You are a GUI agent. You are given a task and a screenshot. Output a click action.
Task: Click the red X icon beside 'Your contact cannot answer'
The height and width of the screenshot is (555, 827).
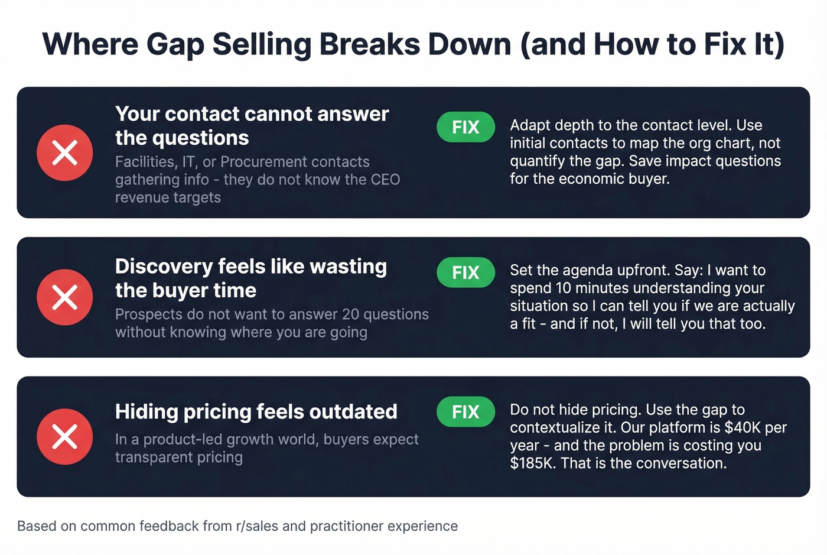tap(65, 152)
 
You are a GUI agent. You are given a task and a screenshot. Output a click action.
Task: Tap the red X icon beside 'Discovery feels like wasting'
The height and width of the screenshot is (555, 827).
tap(65, 297)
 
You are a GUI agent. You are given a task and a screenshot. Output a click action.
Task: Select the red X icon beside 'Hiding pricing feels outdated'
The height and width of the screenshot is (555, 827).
tap(65, 437)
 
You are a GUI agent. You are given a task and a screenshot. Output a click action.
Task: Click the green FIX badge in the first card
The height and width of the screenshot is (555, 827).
tap(465, 127)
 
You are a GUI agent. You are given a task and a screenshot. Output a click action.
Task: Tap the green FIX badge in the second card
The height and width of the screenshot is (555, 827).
tap(465, 272)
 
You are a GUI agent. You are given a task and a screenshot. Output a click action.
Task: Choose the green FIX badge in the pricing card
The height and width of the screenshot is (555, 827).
tap(465, 412)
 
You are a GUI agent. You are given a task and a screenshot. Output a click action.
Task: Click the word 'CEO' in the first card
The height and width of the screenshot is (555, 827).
tap(385, 180)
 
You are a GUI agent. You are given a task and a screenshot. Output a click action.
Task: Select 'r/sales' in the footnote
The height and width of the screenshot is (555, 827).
tap(257, 526)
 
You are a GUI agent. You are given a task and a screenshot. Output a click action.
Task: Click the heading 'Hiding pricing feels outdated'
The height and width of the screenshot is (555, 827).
tap(256, 411)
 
